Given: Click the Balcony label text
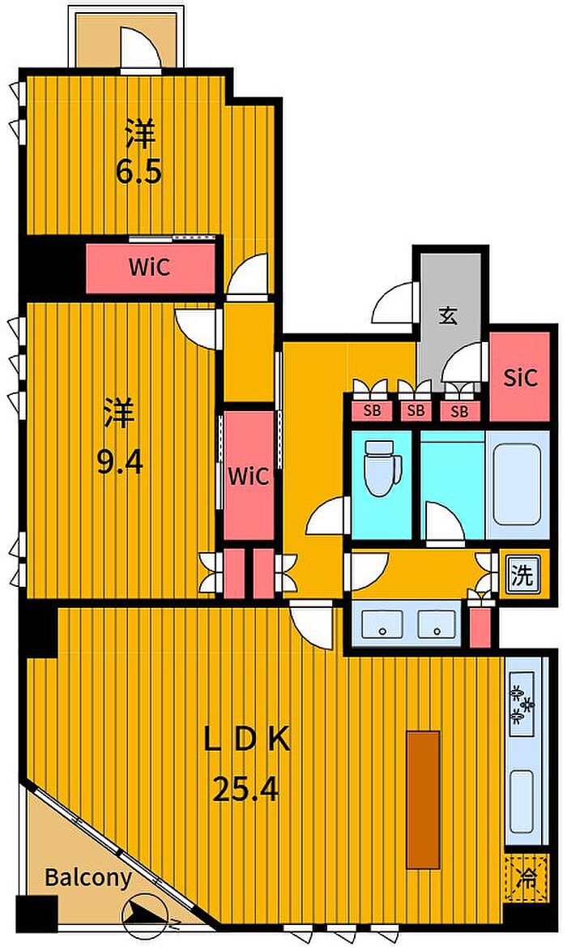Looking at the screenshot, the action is (88, 877).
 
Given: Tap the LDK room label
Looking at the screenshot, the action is (246, 740).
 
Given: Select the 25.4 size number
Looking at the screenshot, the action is (245, 790).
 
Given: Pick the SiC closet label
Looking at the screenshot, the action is (520, 378).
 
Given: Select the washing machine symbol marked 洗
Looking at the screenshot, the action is (522, 574).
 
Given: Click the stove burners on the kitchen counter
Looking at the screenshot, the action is (521, 704).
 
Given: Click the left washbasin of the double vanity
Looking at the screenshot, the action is (382, 623).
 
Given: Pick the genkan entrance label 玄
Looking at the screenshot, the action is (448, 315).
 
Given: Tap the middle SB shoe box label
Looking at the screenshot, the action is (416, 410).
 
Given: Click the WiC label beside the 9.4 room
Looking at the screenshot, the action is (249, 476).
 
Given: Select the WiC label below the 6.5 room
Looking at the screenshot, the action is (149, 267).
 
